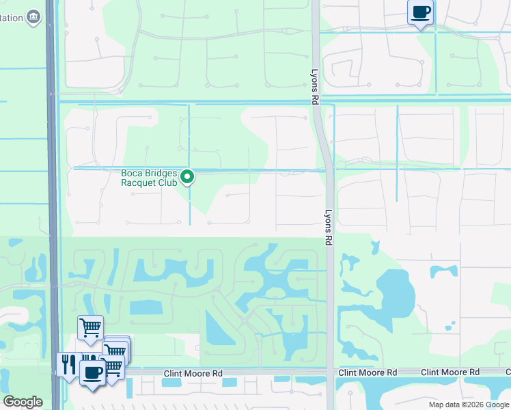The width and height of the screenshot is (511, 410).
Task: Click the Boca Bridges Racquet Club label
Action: (x=149, y=178)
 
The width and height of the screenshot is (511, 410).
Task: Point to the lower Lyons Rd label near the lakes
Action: (x=329, y=227)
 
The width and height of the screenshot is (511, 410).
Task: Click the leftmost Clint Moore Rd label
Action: (x=193, y=373)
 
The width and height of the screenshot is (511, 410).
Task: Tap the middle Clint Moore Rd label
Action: (x=368, y=372)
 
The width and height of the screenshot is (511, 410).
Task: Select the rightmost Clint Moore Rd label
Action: (x=450, y=372)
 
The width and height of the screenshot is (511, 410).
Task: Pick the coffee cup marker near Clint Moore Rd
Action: (x=92, y=372)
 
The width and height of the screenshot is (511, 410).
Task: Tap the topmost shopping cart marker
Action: (x=90, y=328)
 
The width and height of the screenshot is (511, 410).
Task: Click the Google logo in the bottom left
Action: (x=23, y=402)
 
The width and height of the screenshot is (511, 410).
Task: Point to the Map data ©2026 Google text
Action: (x=469, y=405)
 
